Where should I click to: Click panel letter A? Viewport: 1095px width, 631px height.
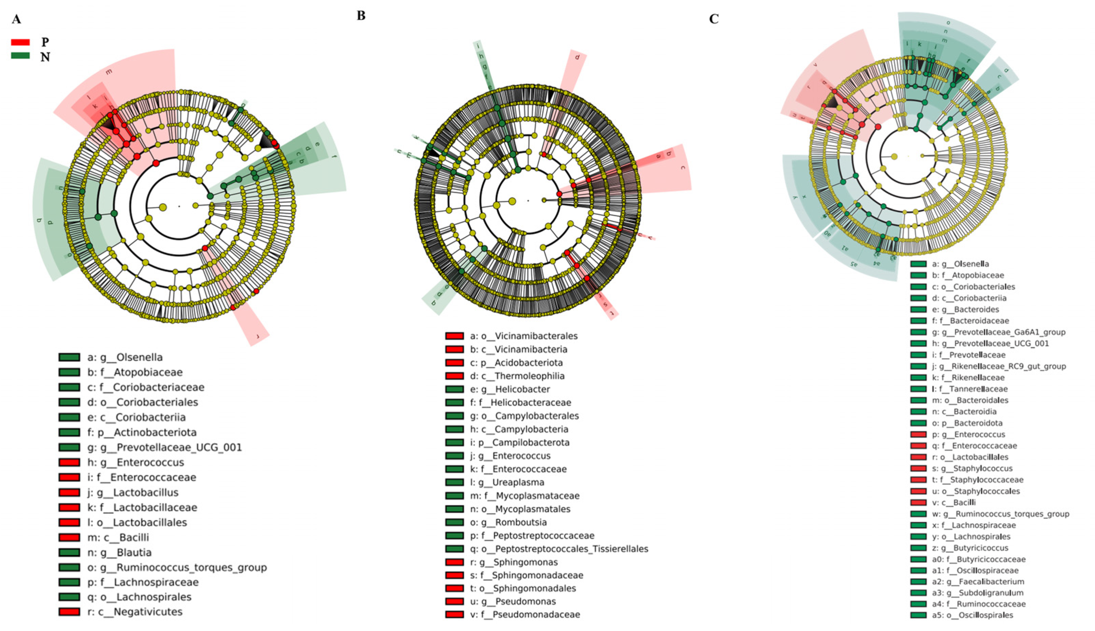coord(16,19)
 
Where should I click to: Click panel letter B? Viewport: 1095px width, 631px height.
coord(361,16)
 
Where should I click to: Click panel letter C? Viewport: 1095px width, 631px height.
coord(714,19)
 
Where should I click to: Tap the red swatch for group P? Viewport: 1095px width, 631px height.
coord(20,42)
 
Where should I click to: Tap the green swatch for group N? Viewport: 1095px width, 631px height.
coord(20,56)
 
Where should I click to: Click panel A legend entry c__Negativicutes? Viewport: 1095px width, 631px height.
coord(135,612)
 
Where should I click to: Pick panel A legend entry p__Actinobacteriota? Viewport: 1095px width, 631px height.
coord(142,432)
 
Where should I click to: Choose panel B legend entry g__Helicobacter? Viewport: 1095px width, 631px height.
coord(510,389)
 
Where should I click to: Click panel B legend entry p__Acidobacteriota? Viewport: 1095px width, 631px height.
coord(517,363)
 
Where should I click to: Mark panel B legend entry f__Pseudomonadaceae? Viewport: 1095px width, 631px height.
coord(525,614)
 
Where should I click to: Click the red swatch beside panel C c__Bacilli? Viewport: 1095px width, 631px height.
coord(918,503)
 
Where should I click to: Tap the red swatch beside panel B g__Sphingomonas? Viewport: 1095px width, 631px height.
coord(454,562)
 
